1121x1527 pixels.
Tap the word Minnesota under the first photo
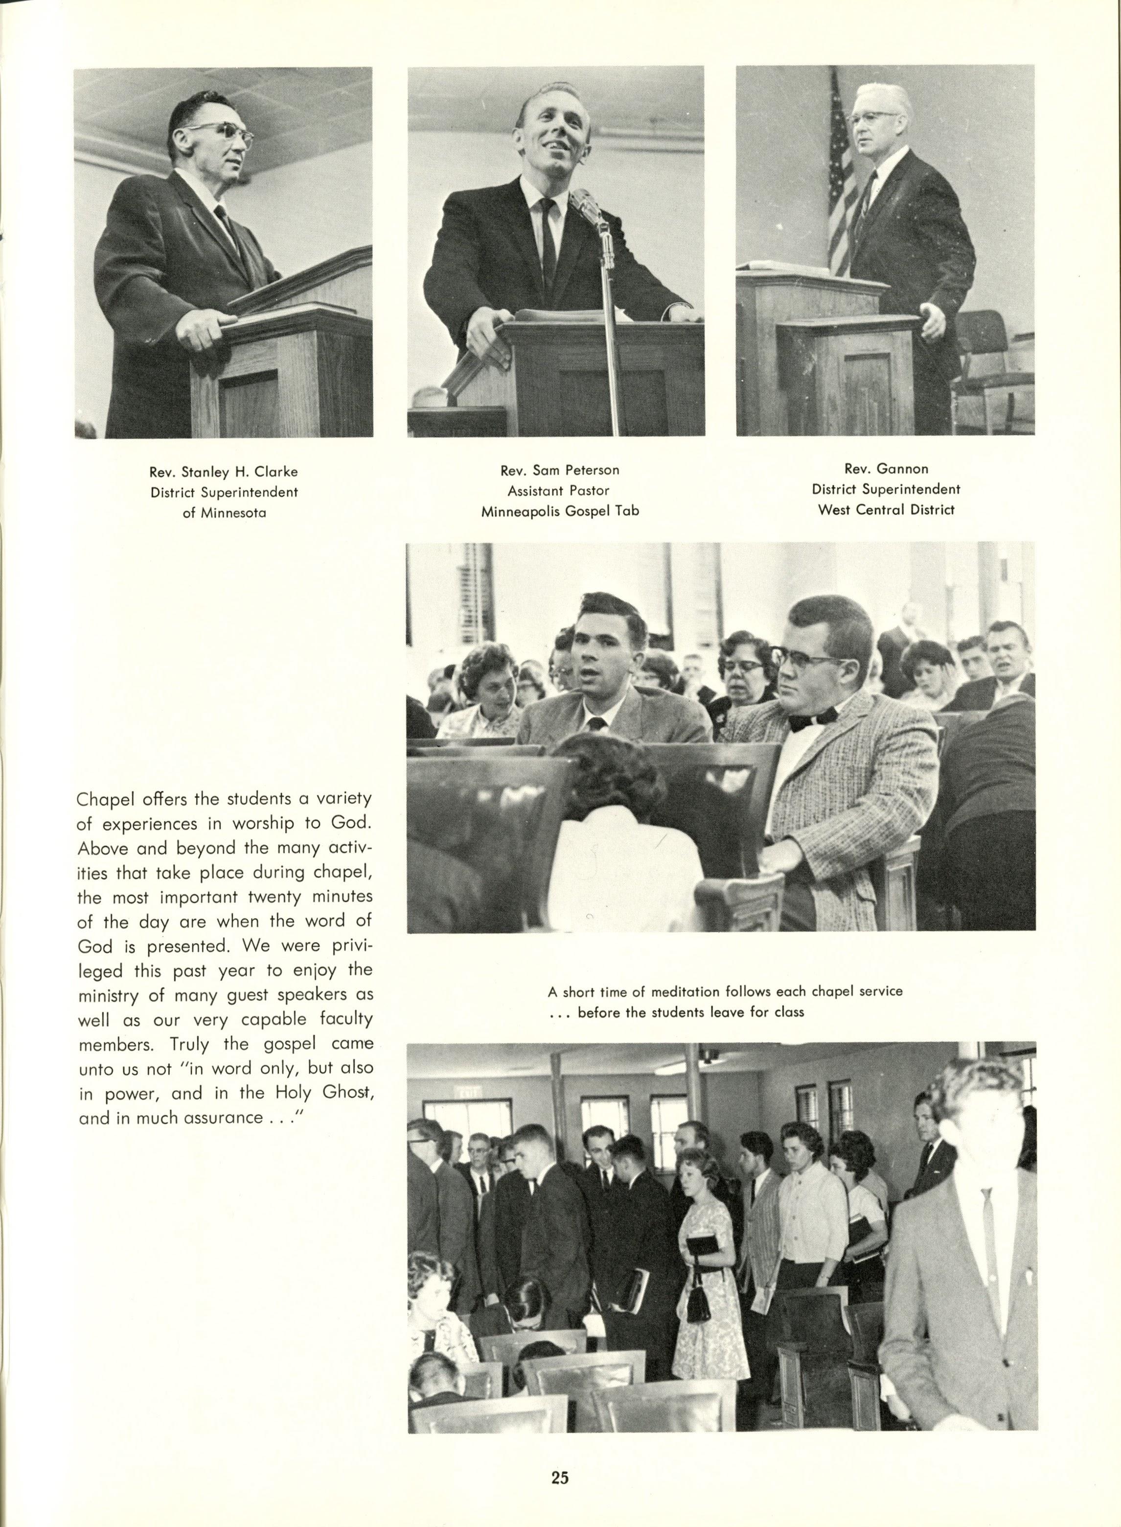233,513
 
